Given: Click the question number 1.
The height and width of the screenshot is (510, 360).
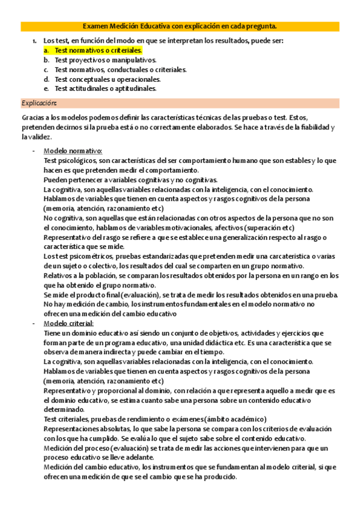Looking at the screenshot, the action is tap(34, 41).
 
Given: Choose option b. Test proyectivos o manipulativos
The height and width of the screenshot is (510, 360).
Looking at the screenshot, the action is tap(105, 60).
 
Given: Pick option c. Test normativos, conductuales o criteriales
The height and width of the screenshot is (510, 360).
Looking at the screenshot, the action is tap(120, 70).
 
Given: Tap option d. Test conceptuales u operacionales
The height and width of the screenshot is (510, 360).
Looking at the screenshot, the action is tap(108, 79).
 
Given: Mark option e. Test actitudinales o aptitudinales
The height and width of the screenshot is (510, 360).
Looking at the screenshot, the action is tap(105, 88).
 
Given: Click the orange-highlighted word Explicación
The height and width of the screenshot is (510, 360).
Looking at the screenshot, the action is tap(39, 103).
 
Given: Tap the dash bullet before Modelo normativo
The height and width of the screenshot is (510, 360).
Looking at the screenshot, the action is tap(34, 150).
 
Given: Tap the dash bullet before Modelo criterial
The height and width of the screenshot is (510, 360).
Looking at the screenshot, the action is tap(34, 324).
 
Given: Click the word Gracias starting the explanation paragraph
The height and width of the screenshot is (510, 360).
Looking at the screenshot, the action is tap(34, 118).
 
